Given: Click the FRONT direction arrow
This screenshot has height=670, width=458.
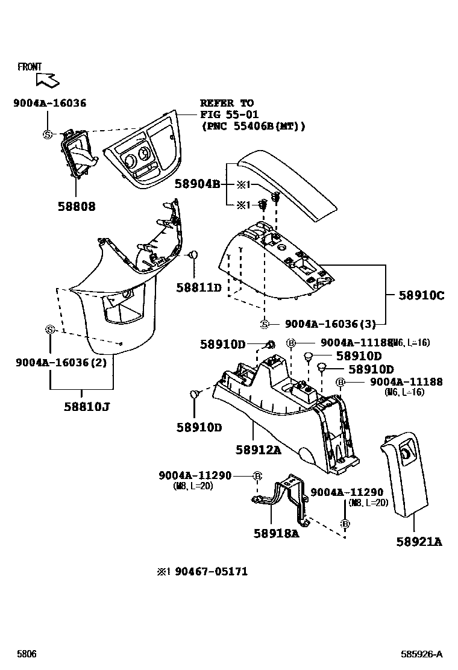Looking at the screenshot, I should [x=46, y=79].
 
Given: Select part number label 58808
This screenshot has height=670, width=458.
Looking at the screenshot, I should [x=77, y=207].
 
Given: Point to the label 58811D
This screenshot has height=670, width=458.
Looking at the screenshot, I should [x=199, y=288].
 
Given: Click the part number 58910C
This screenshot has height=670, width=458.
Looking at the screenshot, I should [x=421, y=295].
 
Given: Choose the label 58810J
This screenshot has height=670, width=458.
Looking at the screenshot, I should [x=87, y=406].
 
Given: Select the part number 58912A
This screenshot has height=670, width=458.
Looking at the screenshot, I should [x=258, y=449].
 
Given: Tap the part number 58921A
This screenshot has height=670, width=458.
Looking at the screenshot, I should [x=419, y=542].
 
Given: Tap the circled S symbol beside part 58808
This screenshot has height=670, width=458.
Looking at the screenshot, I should [x=46, y=134].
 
